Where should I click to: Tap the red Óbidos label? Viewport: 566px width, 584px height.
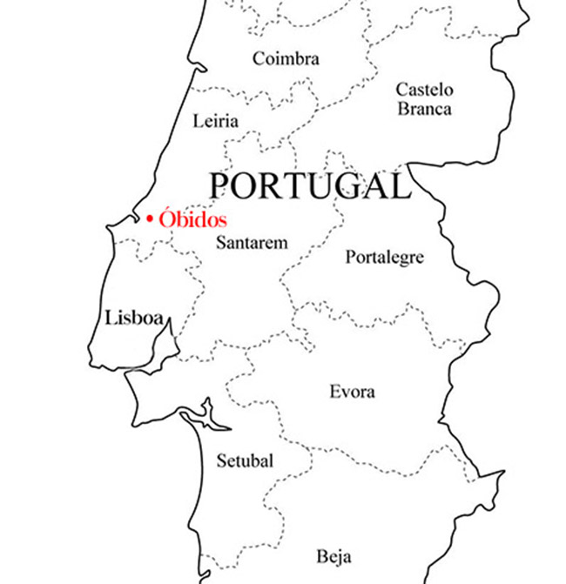(x=192, y=218)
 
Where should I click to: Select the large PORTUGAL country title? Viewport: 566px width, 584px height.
(x=309, y=185)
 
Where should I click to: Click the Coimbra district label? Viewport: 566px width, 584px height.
(x=286, y=59)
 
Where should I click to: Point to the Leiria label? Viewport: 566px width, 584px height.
(x=215, y=121)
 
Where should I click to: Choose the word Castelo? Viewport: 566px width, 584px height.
(x=425, y=89)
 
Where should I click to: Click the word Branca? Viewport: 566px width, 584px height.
(x=425, y=109)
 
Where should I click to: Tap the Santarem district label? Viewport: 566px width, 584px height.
(x=252, y=243)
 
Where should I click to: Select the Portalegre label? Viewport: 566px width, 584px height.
(x=385, y=258)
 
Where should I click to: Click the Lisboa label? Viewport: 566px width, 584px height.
(x=134, y=318)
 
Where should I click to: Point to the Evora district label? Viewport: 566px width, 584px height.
(x=352, y=392)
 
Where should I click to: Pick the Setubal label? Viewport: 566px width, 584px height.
(x=244, y=461)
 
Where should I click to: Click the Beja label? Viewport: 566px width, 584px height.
(x=334, y=556)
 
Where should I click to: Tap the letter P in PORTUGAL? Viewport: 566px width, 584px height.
(x=221, y=185)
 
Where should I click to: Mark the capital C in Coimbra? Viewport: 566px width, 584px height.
(x=259, y=59)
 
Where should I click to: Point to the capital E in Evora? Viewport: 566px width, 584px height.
(x=334, y=392)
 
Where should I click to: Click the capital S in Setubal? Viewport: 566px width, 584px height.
(x=219, y=461)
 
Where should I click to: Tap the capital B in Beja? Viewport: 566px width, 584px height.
(x=322, y=556)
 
